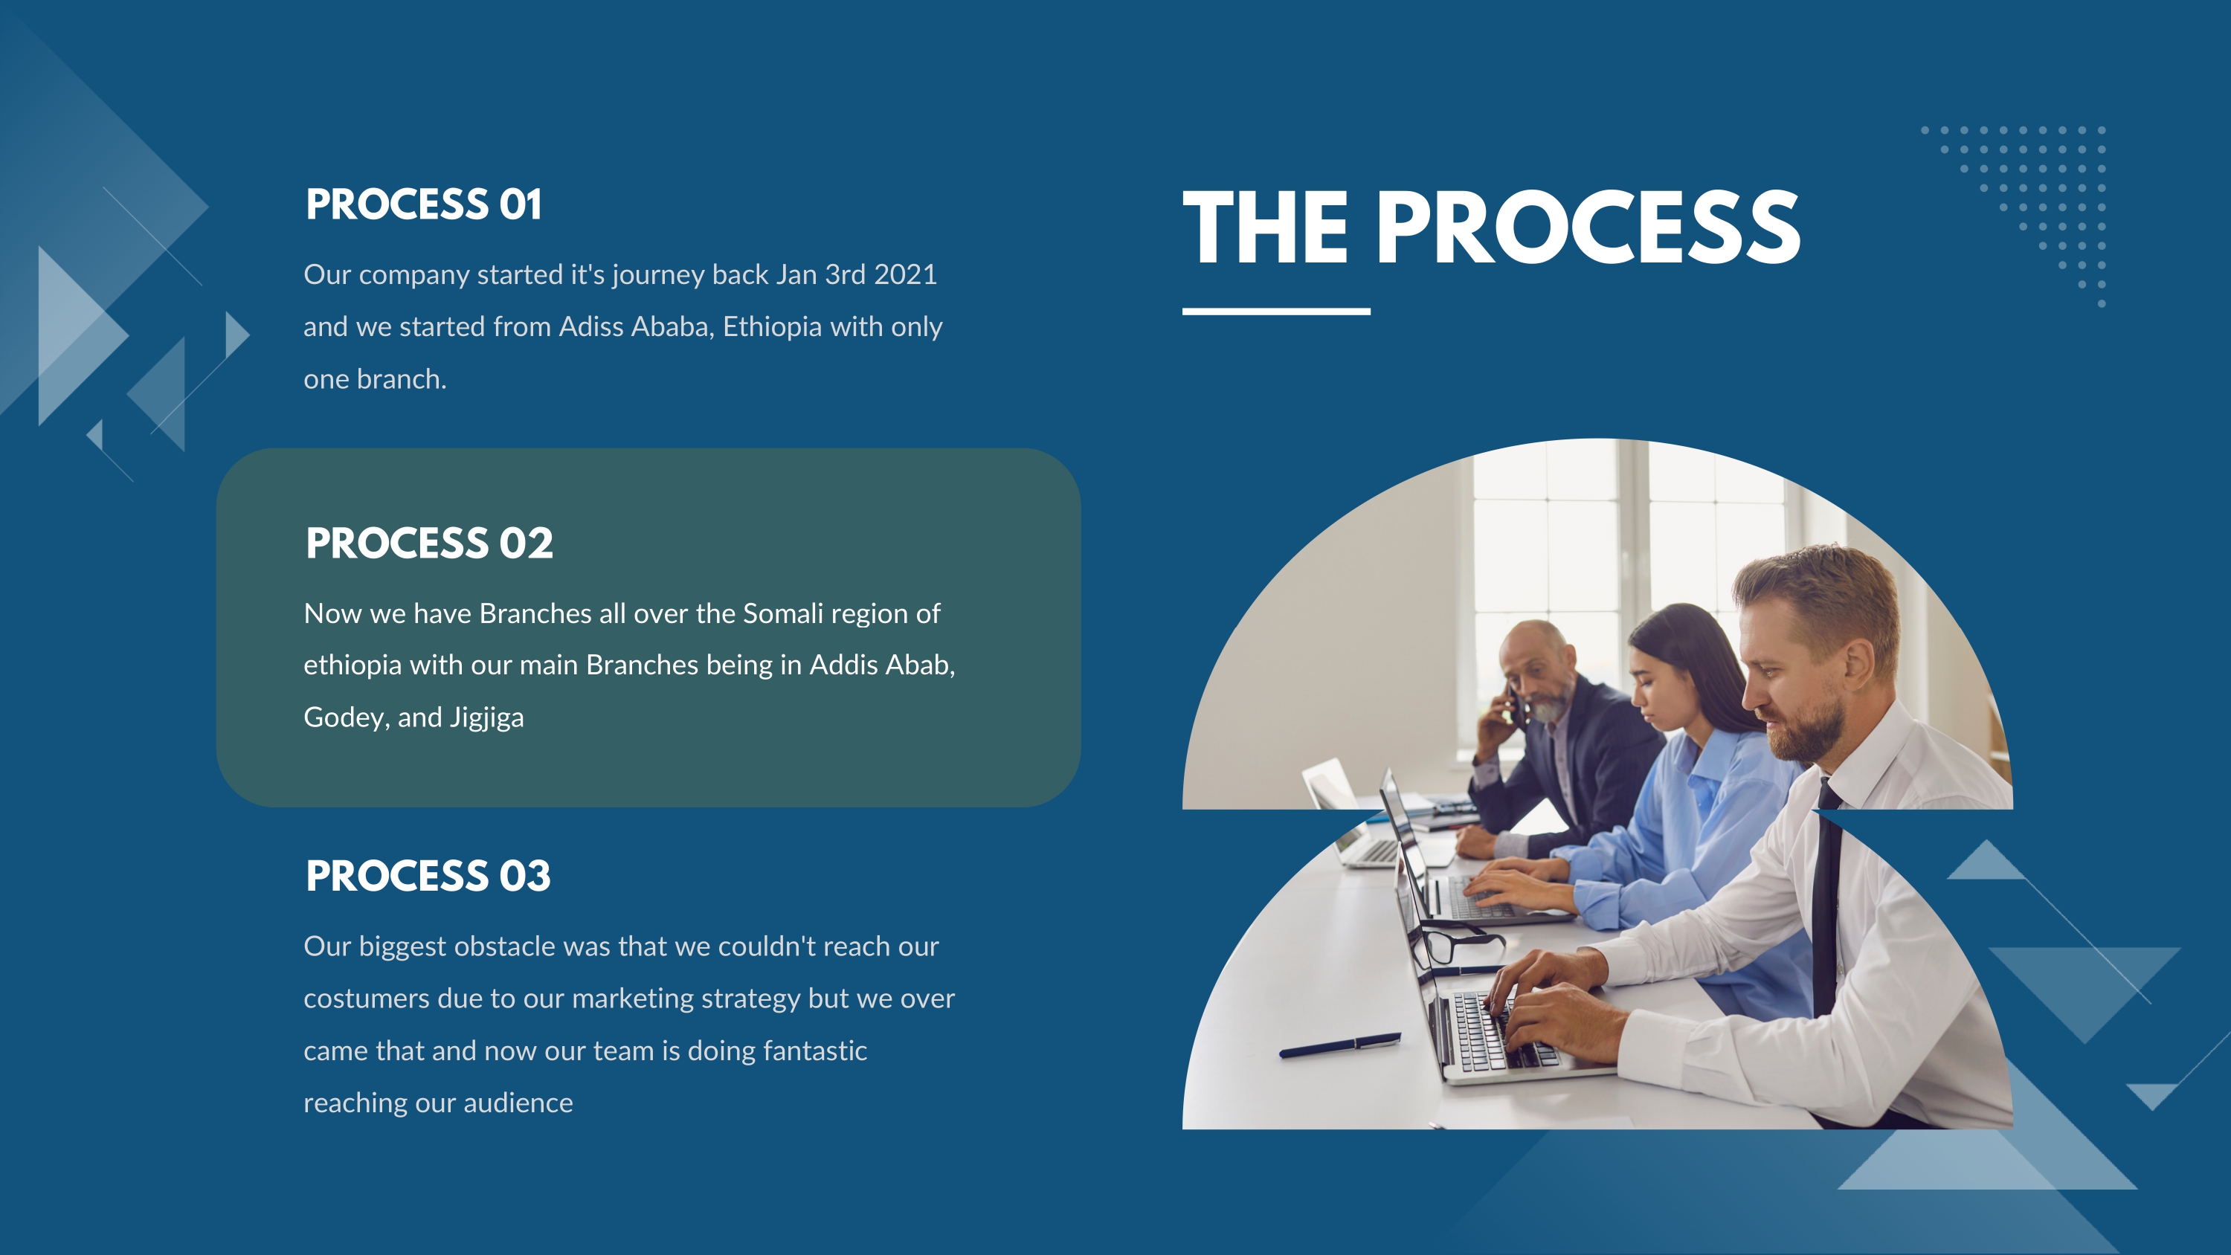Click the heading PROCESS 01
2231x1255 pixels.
click(423, 204)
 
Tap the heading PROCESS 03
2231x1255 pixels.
click(428, 876)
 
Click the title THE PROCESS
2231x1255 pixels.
click(1491, 227)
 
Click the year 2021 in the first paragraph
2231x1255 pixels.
click(905, 274)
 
